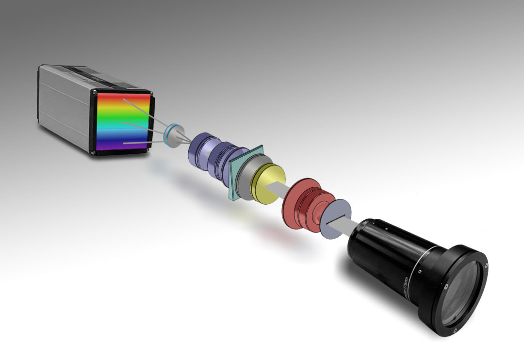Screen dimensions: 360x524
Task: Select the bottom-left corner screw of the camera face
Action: [x=93, y=152]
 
